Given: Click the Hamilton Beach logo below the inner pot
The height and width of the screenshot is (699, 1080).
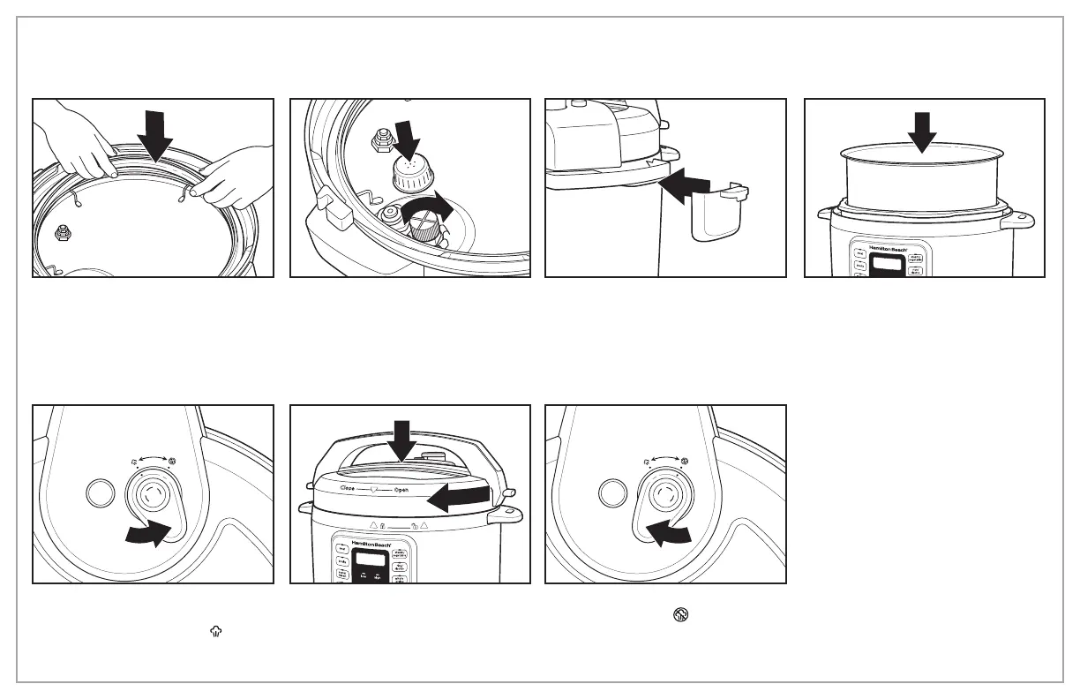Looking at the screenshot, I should tap(885, 250).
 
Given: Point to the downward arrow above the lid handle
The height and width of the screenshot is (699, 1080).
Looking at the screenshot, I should tap(402, 440).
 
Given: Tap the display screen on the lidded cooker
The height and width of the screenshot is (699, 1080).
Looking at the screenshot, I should tap(371, 559).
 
